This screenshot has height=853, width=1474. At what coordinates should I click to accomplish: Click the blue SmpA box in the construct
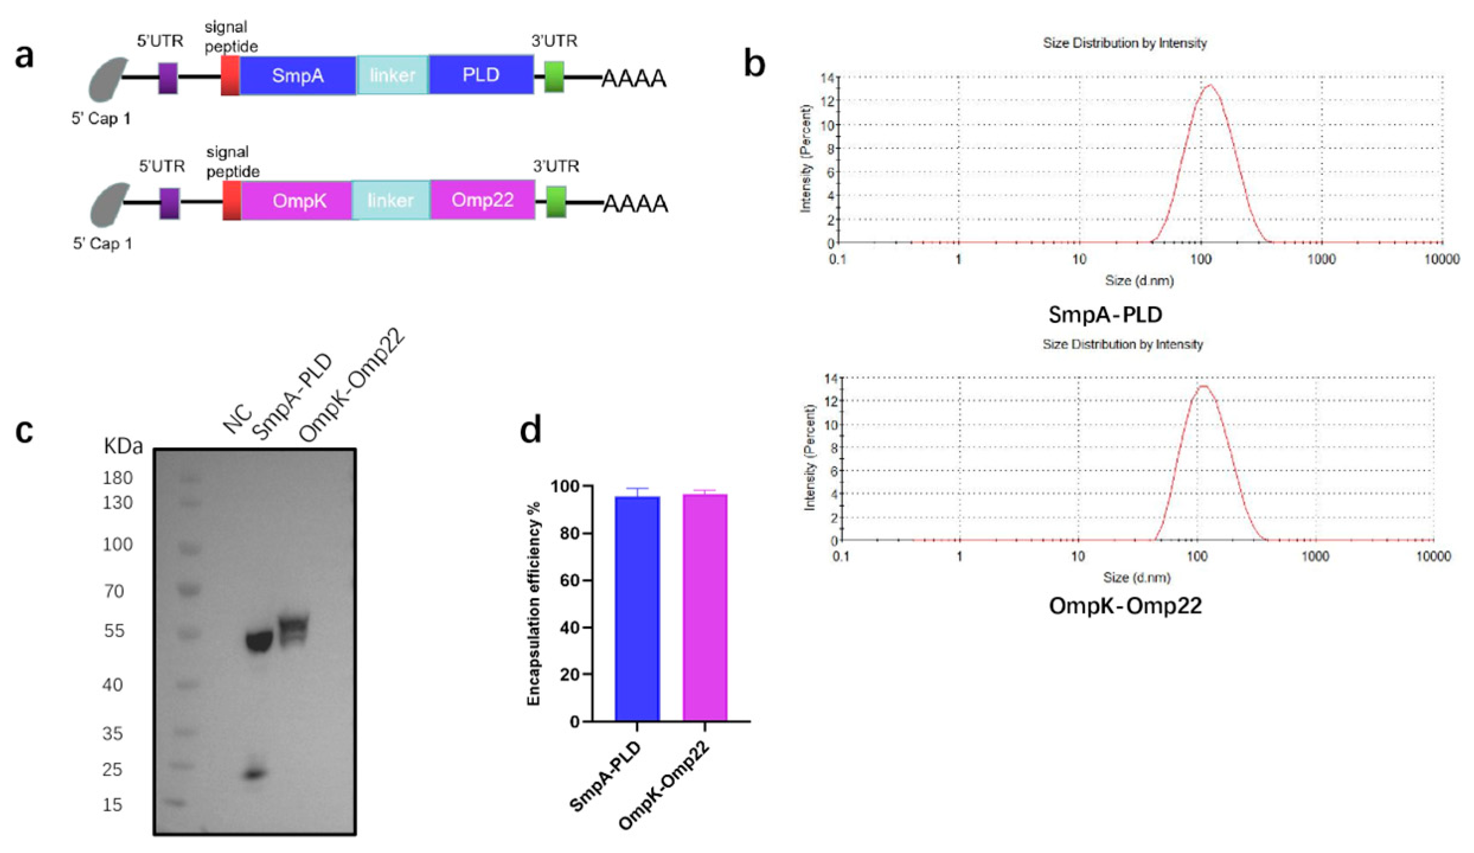297,75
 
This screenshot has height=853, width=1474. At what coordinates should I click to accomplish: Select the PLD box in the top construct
480,75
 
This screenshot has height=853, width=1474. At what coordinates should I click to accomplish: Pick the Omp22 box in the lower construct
482,200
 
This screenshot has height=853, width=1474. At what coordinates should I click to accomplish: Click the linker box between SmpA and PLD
392,75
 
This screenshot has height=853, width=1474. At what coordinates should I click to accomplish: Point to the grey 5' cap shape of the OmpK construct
109,204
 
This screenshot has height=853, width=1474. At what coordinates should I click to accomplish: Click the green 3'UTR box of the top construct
554,77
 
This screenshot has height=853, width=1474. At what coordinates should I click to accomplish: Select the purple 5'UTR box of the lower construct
169,203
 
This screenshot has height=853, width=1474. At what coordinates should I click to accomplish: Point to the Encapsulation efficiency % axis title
534,604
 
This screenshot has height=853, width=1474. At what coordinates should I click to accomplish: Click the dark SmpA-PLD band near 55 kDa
258,642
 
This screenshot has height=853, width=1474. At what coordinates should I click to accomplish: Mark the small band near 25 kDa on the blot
254,774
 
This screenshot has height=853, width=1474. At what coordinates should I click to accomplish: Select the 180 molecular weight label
117,478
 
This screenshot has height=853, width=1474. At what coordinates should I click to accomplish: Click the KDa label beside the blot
123,446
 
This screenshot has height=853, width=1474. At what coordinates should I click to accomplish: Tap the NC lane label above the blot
238,419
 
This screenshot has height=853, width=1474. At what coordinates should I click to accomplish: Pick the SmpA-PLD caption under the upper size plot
1105,315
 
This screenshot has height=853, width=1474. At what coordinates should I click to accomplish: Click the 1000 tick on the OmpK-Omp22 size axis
1315,556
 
